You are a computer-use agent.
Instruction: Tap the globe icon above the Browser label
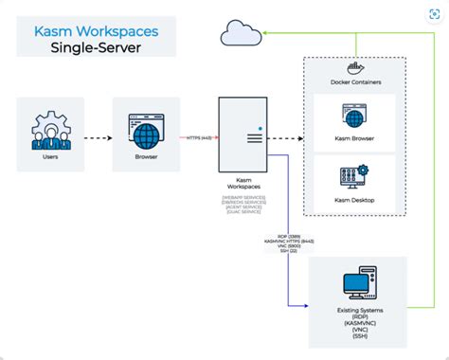pyautogui.click(x=147, y=129)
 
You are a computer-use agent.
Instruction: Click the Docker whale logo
pyautogui.click(x=356, y=66)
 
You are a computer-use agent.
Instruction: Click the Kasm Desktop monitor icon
pyautogui.click(x=354, y=177)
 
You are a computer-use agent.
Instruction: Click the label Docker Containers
pyautogui.click(x=354, y=82)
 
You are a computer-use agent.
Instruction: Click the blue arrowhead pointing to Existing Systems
pyautogui.click(x=306, y=305)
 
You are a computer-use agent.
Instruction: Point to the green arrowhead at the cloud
pyautogui.click(x=266, y=32)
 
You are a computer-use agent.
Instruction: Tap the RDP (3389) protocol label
pyautogui.click(x=289, y=235)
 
